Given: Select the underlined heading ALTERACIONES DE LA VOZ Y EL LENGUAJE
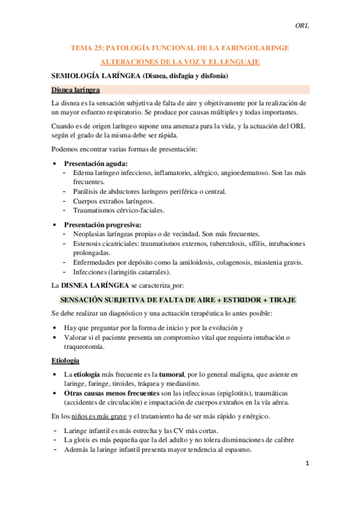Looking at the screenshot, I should [x=180, y=61].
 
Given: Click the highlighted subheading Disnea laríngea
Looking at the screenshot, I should [x=76, y=90].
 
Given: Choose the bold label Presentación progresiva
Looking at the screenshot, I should [x=102, y=224].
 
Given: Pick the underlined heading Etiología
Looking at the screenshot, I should [x=66, y=360].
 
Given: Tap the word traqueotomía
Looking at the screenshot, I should [x=84, y=347].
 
